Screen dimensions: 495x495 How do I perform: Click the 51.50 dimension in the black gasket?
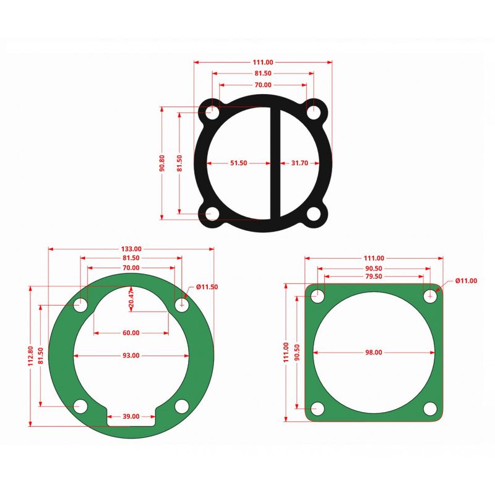(238, 163)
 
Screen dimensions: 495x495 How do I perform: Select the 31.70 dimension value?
(299, 163)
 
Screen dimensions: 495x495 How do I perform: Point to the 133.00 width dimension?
(131, 249)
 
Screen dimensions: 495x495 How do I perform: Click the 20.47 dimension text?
(131, 298)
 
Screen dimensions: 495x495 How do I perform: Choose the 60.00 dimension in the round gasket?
(131, 333)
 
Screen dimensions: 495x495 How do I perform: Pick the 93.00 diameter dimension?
(131, 356)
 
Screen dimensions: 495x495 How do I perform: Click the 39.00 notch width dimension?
(131, 416)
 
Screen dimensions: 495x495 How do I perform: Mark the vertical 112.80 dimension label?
(30, 356)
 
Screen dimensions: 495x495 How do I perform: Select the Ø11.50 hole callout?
(207, 287)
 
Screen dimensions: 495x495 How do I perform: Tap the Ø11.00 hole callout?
(466, 281)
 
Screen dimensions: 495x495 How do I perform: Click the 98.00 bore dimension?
(374, 352)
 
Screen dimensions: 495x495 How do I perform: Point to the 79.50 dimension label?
(374, 277)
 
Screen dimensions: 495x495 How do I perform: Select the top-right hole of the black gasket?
(314, 112)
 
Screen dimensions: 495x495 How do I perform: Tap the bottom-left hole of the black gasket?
(212, 214)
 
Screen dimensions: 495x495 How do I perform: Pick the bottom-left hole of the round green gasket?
(80, 406)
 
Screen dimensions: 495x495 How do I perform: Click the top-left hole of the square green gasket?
(318, 296)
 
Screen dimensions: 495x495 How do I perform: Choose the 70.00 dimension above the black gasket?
(262, 85)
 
